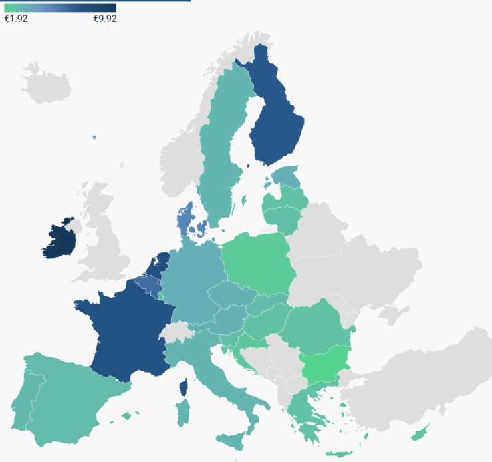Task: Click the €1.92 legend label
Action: pos(16,19)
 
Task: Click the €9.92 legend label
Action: pos(105,19)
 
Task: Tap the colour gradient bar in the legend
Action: pos(60,7)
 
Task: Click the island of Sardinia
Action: pos(182,413)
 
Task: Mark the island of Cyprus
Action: pos(419,434)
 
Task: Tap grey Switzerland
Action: pos(176,331)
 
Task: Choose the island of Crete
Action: pos(340,454)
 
